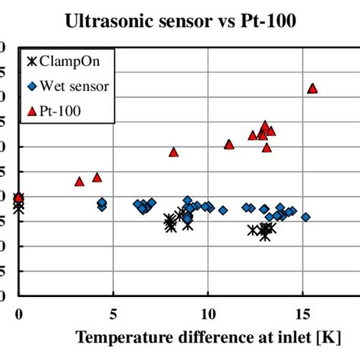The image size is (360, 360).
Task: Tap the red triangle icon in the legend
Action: (x=32, y=111)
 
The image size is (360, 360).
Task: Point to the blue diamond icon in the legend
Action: (x=32, y=86)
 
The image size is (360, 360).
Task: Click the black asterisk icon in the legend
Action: (x=32, y=62)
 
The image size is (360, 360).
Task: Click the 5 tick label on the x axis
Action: (x=113, y=312)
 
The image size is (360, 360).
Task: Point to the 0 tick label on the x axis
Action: (x=19, y=312)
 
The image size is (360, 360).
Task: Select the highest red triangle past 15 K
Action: (x=312, y=88)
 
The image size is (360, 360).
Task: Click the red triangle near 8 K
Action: (x=173, y=152)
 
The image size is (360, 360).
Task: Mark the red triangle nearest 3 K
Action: (x=79, y=181)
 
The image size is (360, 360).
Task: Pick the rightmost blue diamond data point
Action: (x=305, y=216)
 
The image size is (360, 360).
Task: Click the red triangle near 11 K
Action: (x=229, y=144)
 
